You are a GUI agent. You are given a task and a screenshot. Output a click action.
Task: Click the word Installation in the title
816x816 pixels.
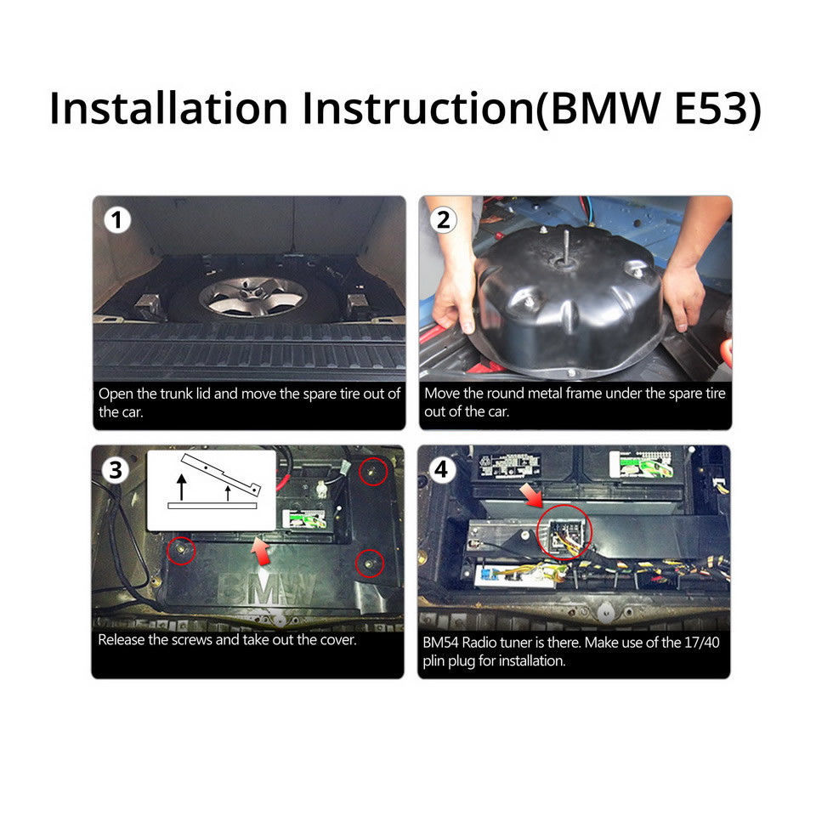coord(168,108)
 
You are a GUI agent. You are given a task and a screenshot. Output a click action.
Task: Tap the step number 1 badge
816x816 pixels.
coord(117,220)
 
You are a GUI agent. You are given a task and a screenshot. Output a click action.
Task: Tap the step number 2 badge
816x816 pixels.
coord(443,220)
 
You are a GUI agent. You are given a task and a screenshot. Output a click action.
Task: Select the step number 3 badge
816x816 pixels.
coord(115,470)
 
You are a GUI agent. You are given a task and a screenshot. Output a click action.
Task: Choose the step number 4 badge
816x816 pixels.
coord(441,469)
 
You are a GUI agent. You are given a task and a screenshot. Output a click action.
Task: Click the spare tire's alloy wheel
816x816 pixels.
coord(253,297)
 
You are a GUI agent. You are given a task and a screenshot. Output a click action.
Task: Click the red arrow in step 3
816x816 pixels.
coord(261,551)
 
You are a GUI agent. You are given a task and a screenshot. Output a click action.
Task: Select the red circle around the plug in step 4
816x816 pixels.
coord(564,532)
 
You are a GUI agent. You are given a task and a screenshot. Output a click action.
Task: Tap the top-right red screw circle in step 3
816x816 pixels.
coord(373,472)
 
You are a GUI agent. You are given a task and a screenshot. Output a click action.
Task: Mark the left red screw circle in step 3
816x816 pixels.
coord(181,550)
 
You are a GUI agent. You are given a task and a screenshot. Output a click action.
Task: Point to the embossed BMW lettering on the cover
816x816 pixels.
coord(268,590)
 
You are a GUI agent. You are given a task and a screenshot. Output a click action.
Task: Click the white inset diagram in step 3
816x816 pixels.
coord(212,490)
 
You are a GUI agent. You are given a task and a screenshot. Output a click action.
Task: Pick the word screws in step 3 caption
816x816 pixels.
coord(192,639)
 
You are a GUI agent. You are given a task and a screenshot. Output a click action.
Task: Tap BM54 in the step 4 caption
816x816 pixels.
coord(441,643)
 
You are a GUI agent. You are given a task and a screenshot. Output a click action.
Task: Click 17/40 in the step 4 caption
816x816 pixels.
coord(702,643)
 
